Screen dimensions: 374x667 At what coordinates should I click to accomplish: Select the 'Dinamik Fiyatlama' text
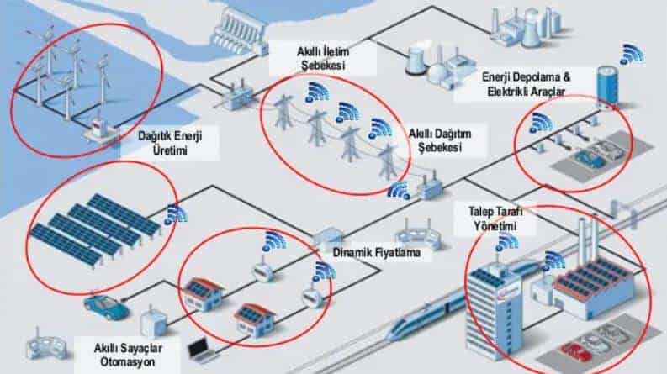click(x=377, y=251)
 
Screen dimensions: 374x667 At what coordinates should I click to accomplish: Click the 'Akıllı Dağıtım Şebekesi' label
click(x=435, y=140)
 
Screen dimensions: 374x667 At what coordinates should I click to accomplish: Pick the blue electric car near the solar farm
click(x=106, y=306)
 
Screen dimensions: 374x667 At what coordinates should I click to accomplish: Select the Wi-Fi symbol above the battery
click(x=632, y=55)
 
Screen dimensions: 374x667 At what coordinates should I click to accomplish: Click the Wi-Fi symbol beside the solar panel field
click(x=174, y=213)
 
